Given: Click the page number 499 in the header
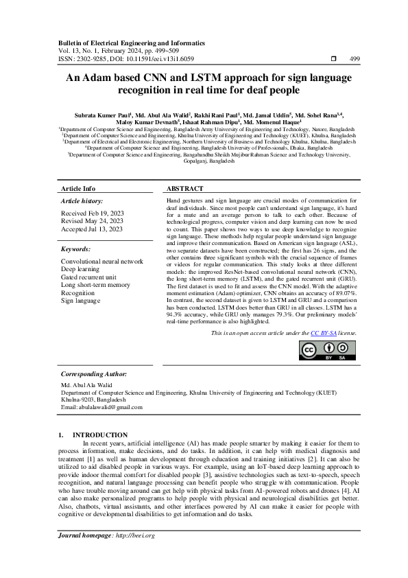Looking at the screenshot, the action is coord(355,59).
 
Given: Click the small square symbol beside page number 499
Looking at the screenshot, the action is coord(333,59).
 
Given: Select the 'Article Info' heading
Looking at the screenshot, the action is coord(79,188).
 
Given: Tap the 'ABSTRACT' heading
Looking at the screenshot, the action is coord(185,188).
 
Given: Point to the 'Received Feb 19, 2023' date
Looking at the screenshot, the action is coord(93,213).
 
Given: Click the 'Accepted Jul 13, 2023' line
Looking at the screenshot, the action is coord(93,229).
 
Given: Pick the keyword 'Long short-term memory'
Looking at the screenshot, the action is coord(95,285).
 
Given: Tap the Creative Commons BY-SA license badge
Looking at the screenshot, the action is coord(327,349).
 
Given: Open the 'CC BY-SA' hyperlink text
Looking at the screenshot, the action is coord(322,332).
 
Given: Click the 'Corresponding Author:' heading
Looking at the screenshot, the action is coord(94,373).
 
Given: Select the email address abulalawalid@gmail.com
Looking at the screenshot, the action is coord(111,407).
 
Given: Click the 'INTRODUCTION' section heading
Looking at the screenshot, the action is coord(100,435).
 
